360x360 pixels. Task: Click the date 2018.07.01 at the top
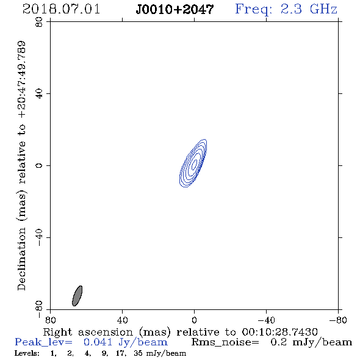click(61, 9)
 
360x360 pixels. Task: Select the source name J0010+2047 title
click(175, 9)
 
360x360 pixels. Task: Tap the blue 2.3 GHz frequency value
click(309, 9)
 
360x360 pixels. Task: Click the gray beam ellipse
click(77, 296)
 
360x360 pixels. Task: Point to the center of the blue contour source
click(193, 164)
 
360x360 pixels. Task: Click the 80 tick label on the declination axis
click(39, 22)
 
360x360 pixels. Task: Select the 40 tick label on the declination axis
click(39, 94)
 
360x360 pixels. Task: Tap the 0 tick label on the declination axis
click(39, 165)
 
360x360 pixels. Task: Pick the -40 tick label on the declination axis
click(39, 237)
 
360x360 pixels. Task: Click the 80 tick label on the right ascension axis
click(50, 320)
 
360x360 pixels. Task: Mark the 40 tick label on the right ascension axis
click(122, 320)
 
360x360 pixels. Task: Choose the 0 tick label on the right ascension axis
click(194, 320)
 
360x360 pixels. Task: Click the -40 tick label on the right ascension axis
click(266, 320)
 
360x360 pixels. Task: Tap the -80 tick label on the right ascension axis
click(338, 320)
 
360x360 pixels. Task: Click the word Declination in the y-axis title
click(21, 259)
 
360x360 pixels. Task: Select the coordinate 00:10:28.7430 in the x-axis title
click(279, 332)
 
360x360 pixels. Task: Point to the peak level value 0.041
click(98, 342)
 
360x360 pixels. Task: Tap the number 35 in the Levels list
click(139, 353)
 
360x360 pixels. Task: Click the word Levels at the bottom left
click(27, 353)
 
